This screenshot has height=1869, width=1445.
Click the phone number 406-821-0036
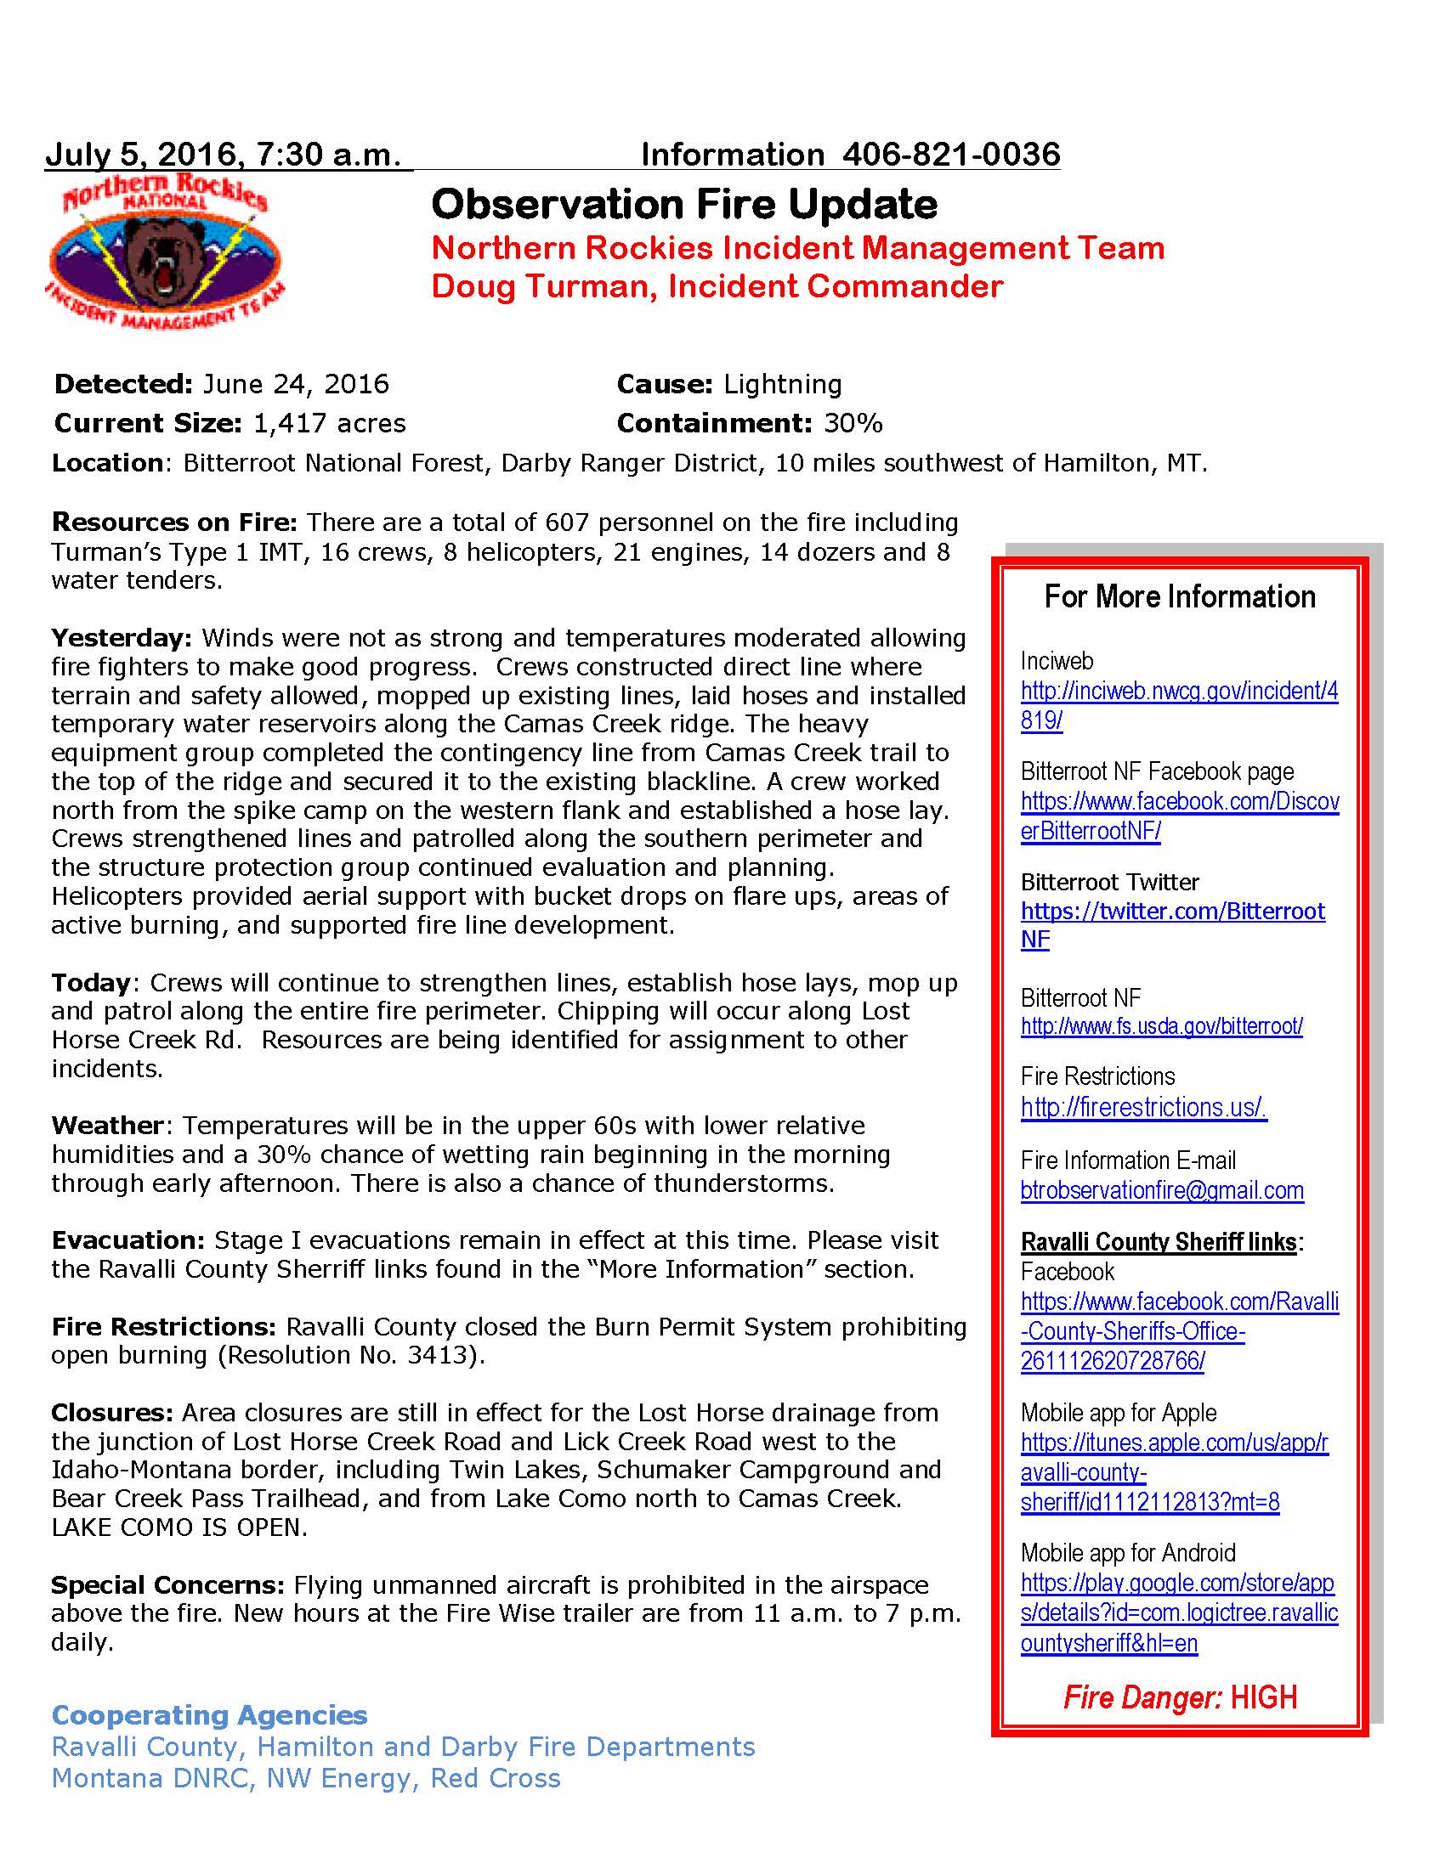pyautogui.click(x=951, y=155)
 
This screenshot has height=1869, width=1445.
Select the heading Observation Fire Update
pyautogui.click(x=684, y=205)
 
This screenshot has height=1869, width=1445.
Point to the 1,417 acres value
pyautogui.click(x=330, y=423)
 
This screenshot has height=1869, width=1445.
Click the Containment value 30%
pyautogui.click(x=853, y=423)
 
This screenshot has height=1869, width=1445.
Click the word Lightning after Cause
pyautogui.click(x=782, y=384)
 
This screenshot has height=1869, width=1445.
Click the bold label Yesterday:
pyautogui.click(x=122, y=637)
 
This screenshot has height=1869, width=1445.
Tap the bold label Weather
pyautogui.click(x=107, y=1125)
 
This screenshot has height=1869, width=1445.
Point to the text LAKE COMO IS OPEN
pyautogui.click(x=178, y=1527)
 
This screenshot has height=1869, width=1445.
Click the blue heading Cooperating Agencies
pyautogui.click(x=210, y=1715)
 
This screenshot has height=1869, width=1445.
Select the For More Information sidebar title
pyautogui.click(x=1180, y=596)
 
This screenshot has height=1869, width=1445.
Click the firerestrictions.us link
pyautogui.click(x=1142, y=1107)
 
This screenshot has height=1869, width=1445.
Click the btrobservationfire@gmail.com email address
pyautogui.click(x=1162, y=1190)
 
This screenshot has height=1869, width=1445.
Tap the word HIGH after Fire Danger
pyautogui.click(x=1263, y=1697)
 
